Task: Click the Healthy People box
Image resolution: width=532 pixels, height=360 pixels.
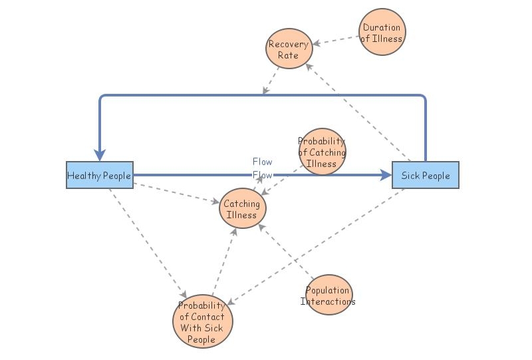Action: tap(99, 176)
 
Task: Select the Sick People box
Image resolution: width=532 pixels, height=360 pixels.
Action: tap(425, 176)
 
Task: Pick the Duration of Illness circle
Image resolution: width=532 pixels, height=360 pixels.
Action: tap(382, 33)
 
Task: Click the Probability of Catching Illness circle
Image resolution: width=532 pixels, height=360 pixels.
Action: tap(322, 152)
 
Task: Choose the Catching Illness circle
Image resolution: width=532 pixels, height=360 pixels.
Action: tap(243, 210)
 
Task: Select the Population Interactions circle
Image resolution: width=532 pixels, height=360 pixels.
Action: tap(328, 295)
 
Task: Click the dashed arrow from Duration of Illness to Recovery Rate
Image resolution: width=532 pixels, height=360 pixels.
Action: tap(336, 40)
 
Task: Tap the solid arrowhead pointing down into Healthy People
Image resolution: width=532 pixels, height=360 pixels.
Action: tap(100, 154)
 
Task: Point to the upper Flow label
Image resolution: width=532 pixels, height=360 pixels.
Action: tap(262, 162)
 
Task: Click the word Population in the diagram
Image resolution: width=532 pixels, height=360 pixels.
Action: tap(328, 290)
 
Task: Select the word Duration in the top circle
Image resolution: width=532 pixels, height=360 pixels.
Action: tap(382, 27)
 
